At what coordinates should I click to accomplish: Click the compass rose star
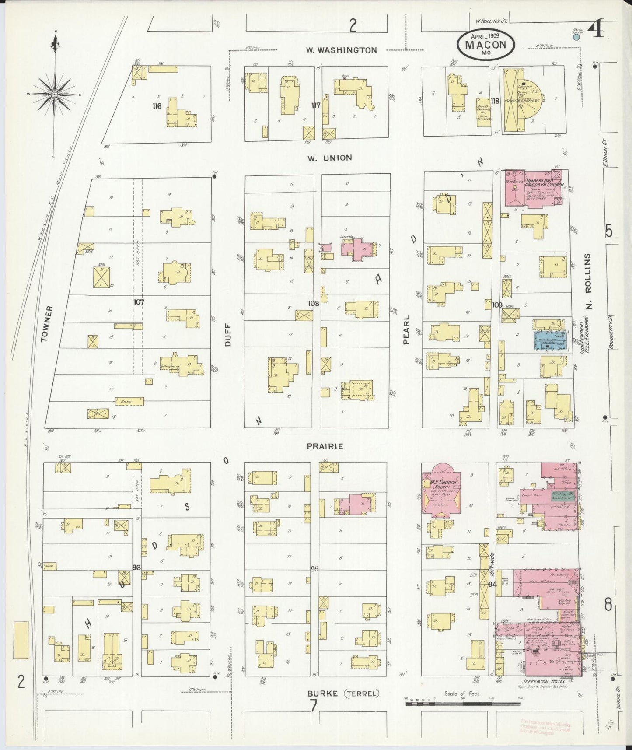[54, 94]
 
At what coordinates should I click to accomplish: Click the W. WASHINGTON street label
[341, 50]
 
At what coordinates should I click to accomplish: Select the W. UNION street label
[329, 158]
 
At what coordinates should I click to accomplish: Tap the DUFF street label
[228, 337]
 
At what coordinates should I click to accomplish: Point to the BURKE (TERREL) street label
[342, 694]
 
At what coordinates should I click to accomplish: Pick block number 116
[157, 106]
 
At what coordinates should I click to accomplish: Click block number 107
[139, 302]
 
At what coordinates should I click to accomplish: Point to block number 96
[136, 568]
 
